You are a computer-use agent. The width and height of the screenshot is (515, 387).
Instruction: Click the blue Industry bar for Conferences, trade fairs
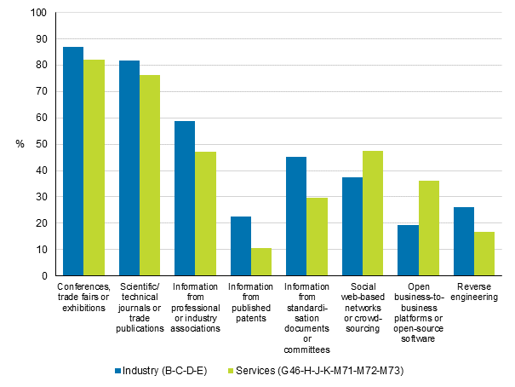pyautogui.click(x=73, y=161)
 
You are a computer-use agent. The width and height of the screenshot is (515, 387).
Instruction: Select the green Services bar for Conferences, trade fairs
pyautogui.click(x=94, y=168)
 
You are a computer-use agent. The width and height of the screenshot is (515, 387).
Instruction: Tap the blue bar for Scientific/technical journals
pyautogui.click(x=129, y=168)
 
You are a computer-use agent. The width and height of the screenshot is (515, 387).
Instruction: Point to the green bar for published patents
pyautogui.click(x=261, y=262)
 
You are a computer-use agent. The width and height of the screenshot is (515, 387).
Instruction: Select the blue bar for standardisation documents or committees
pyautogui.click(x=296, y=217)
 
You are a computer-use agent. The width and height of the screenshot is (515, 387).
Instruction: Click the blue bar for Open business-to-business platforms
pyautogui.click(x=408, y=250)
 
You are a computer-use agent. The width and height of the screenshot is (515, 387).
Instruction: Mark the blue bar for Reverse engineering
pyautogui.click(x=464, y=241)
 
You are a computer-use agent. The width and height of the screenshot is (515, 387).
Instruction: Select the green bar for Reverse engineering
pyautogui.click(x=484, y=253)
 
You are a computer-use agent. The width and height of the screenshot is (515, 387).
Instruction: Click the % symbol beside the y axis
pyautogui.click(x=19, y=145)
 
